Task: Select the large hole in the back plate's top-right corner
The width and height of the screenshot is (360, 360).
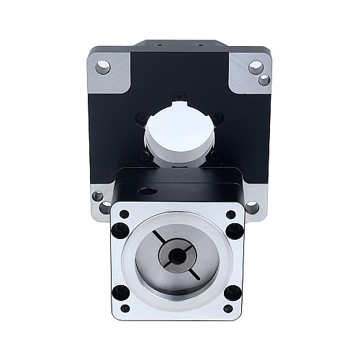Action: coord(254,68)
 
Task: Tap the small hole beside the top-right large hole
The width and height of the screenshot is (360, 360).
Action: coord(264,78)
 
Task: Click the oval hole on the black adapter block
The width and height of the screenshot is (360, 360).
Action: coord(149,192)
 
